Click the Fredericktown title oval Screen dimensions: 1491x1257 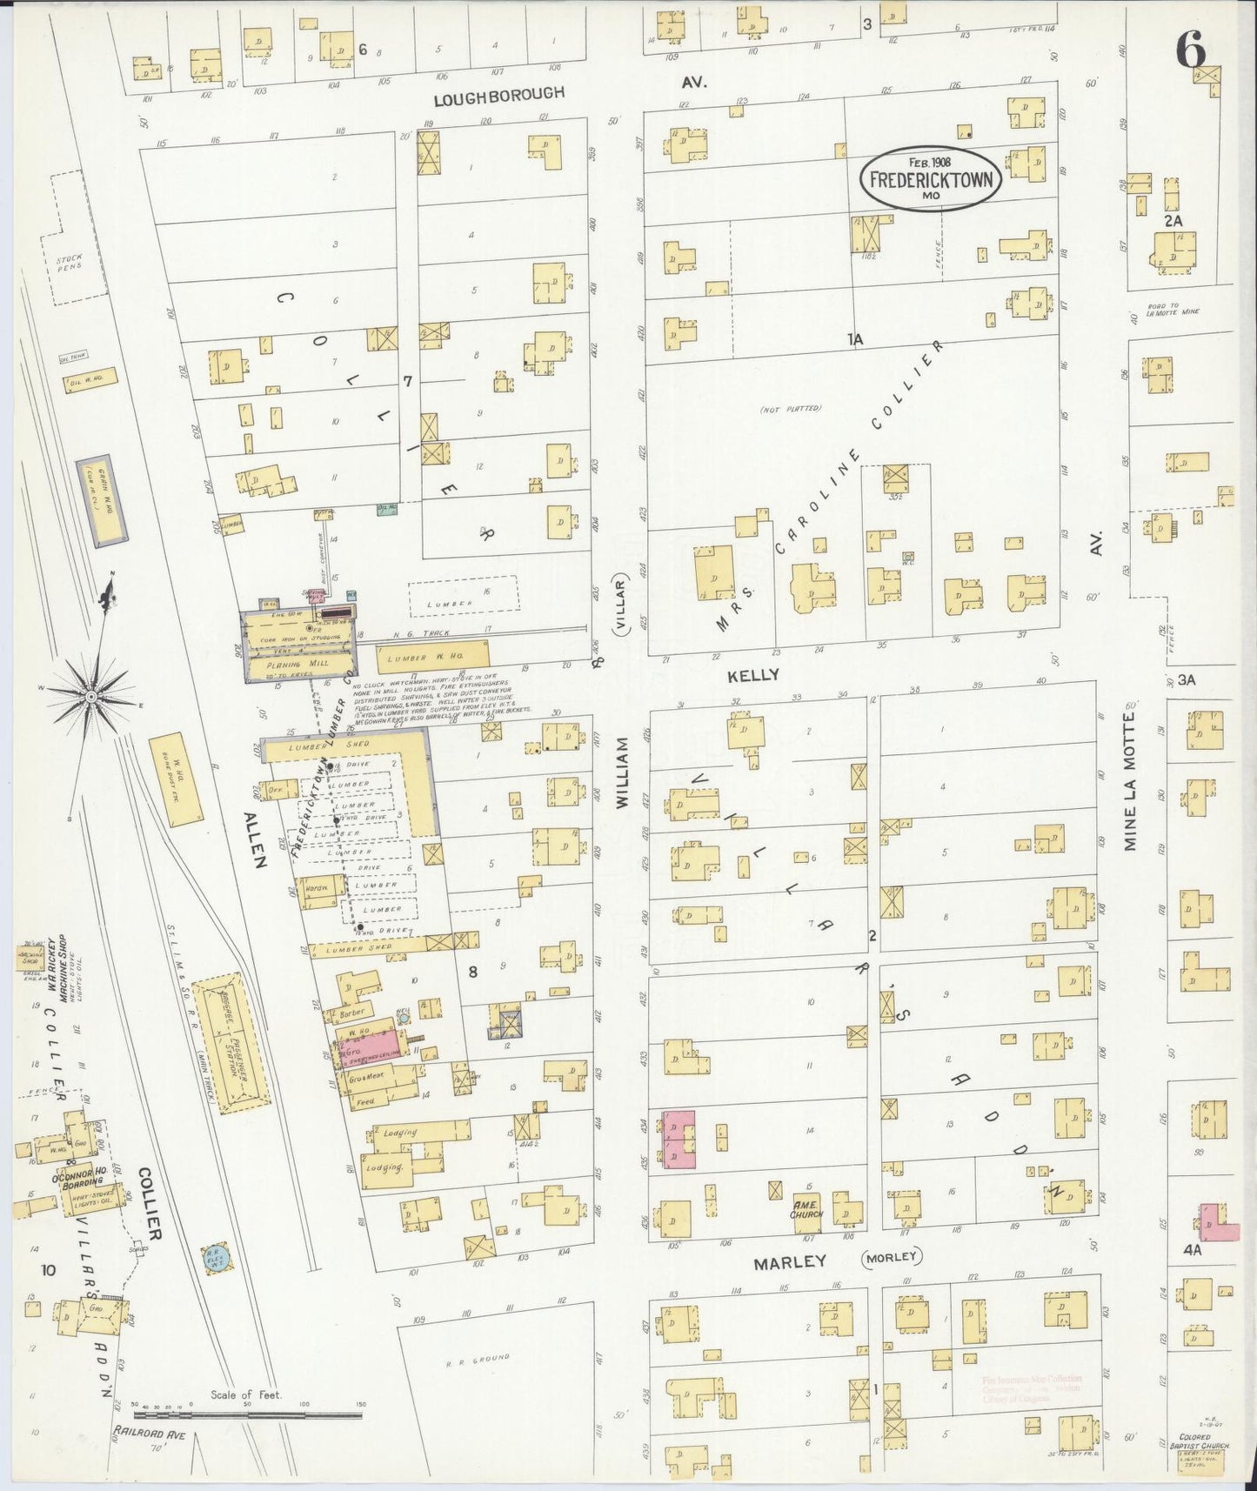tap(932, 180)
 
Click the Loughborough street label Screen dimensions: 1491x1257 tap(499, 93)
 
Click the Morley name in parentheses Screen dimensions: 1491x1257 tap(892, 1257)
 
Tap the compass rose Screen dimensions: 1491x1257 tap(90, 696)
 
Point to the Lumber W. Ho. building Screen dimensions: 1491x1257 tap(432, 658)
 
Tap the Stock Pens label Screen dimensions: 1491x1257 tap(68, 262)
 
